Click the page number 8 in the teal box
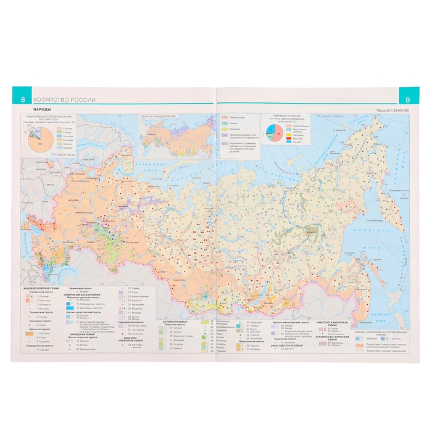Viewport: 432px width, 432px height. pyautogui.click(x=23, y=99)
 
